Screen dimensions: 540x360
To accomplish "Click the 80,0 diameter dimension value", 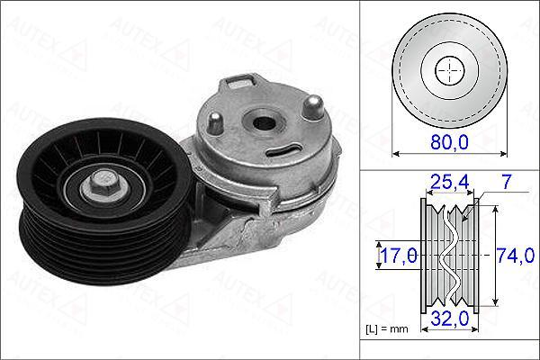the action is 449,141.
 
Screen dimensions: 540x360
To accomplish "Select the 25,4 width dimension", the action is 450,182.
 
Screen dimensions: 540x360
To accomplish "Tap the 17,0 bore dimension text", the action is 399,256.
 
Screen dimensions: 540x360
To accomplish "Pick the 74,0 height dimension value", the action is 516,256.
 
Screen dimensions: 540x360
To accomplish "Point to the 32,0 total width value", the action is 450,318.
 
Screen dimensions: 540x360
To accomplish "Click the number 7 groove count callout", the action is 506,182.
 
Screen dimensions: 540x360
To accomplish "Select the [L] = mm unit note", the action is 387,329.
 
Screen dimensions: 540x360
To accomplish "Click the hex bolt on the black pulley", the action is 104,184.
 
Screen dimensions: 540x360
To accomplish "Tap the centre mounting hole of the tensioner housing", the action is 264,122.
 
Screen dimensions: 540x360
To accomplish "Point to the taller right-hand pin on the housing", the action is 313,107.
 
